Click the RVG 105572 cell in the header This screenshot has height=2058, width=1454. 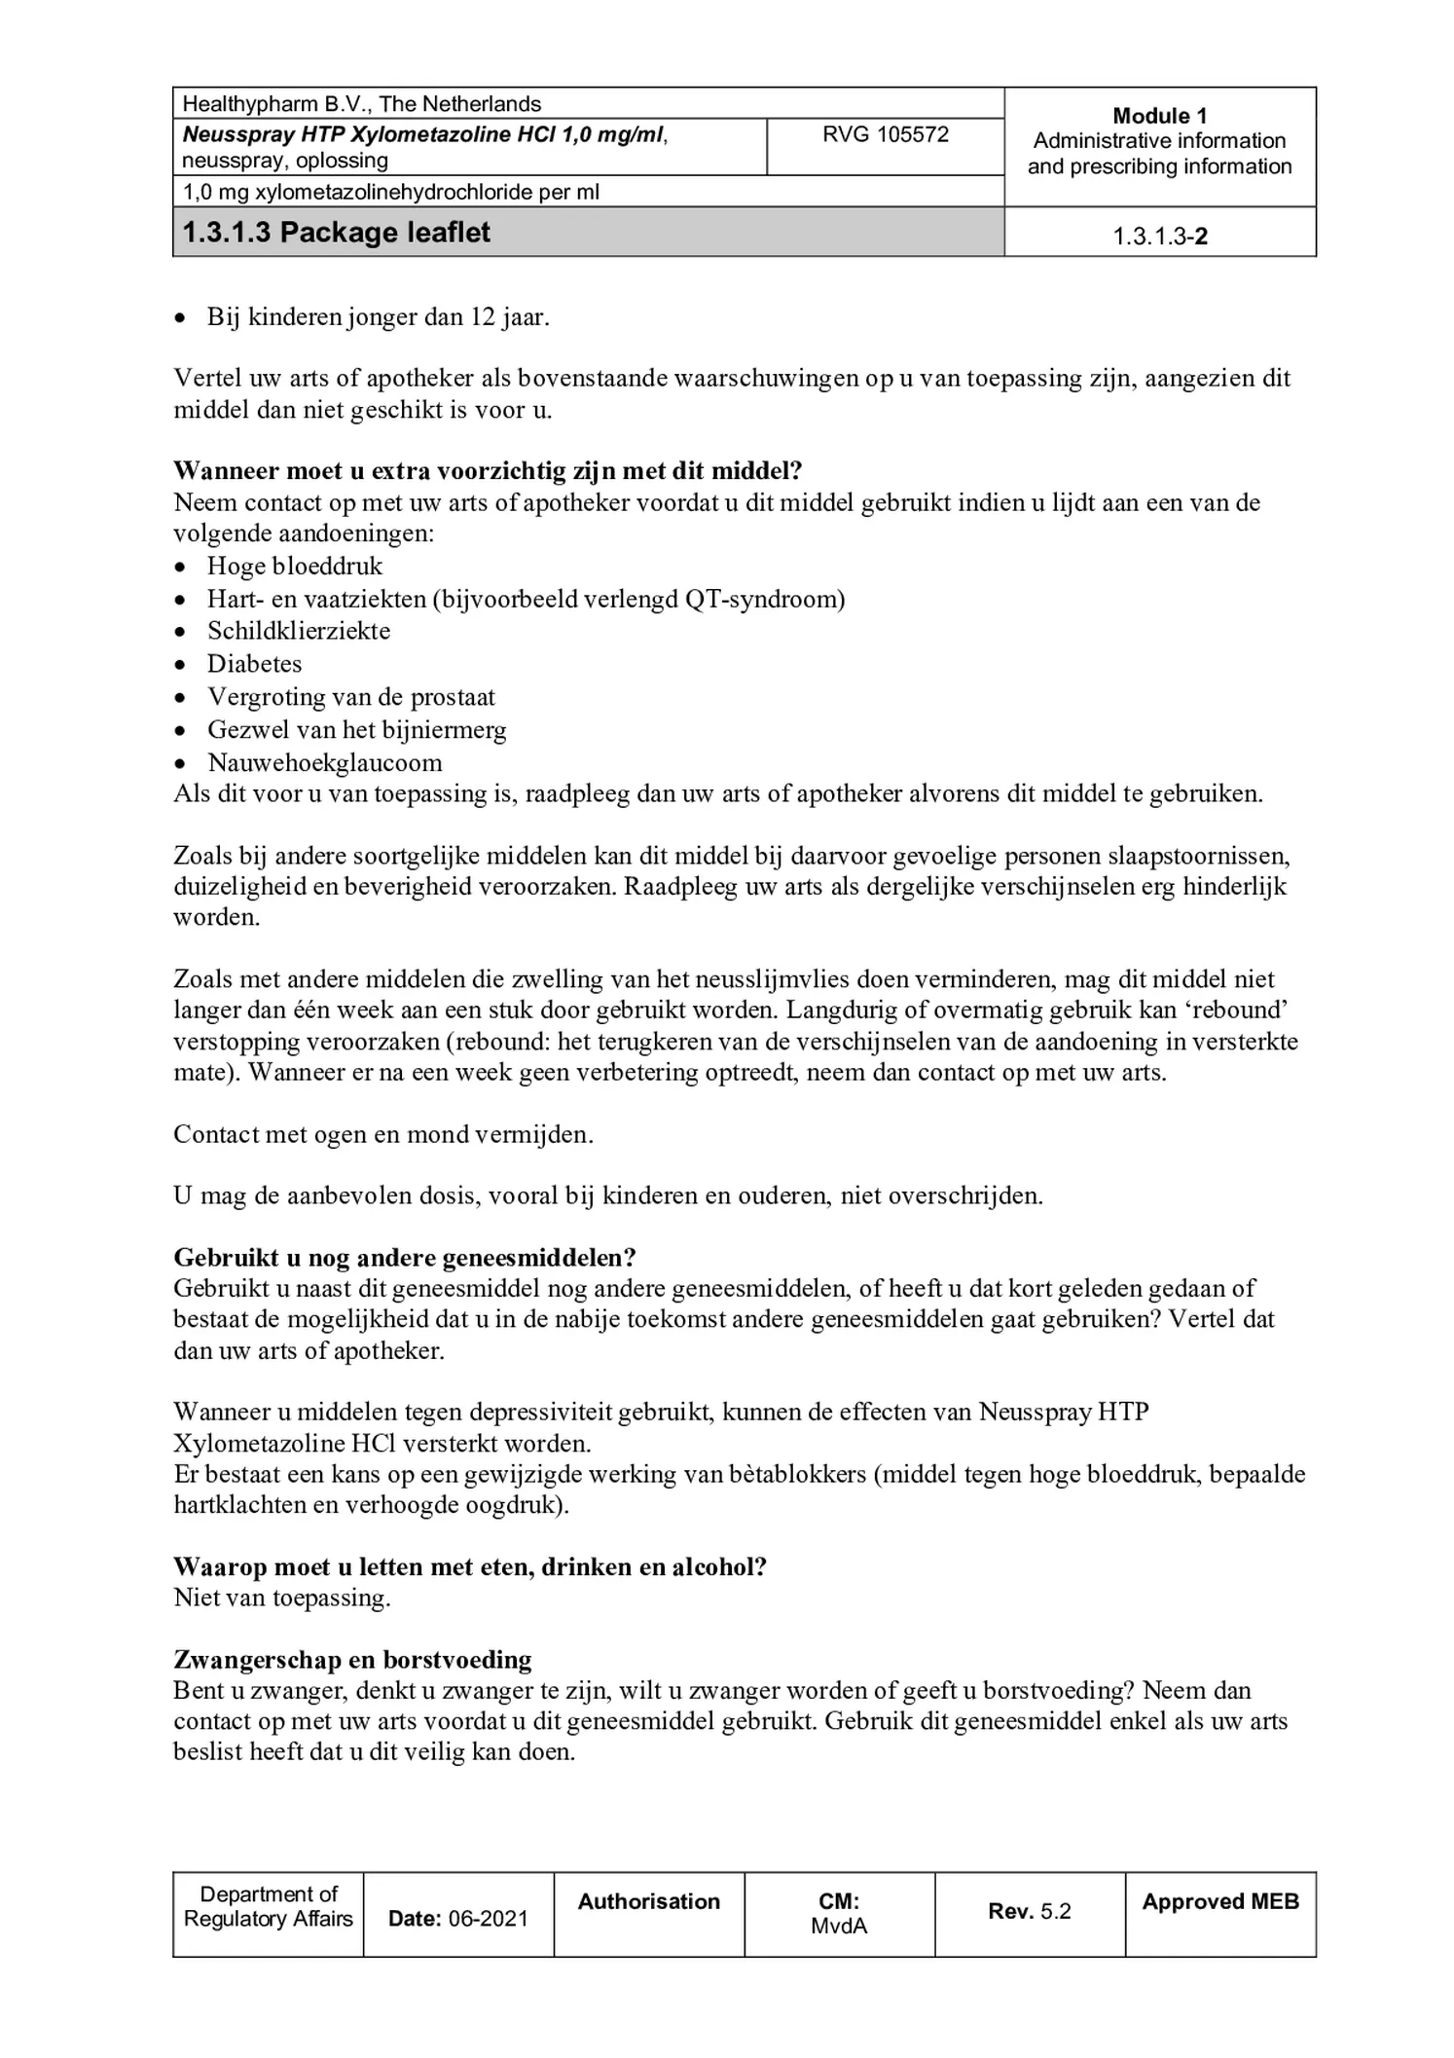pyautogui.click(x=885, y=135)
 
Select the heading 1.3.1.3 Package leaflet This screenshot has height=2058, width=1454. pyautogui.click(x=337, y=234)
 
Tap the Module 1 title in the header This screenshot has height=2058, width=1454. pyautogui.click(x=1159, y=116)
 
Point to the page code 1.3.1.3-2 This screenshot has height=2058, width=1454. pyautogui.click(x=1159, y=237)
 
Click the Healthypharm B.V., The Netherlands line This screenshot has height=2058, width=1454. pyautogui.click(x=362, y=104)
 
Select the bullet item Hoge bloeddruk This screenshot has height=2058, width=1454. pyautogui.click(x=294, y=567)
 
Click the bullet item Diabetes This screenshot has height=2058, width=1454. pyautogui.click(x=254, y=664)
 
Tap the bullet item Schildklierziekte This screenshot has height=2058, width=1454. pyautogui.click(x=298, y=631)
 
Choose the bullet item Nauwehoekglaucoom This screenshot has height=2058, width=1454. pyautogui.click(x=324, y=762)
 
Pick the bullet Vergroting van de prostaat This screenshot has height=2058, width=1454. pyautogui.click(x=350, y=697)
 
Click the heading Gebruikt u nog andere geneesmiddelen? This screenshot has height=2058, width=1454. pyautogui.click(x=404, y=1257)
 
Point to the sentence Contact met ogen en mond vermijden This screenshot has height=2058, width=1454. pyautogui.click(x=382, y=1134)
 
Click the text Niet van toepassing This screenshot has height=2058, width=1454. pyautogui.click(x=281, y=1598)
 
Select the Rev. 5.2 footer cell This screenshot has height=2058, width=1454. pyautogui.click(x=1029, y=1911)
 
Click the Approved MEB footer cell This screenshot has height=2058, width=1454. pyautogui.click(x=1219, y=1901)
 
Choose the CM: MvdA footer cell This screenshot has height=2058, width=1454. pyautogui.click(x=838, y=1913)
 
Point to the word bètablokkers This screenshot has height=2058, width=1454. pyautogui.click(x=794, y=1474)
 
